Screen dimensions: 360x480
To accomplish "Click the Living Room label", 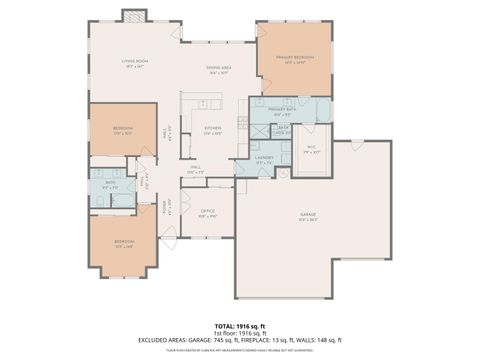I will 135,62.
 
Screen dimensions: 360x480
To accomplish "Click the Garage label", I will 309,216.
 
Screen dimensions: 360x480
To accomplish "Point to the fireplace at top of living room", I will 134,16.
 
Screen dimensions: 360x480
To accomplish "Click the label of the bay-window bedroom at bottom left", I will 122,244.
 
